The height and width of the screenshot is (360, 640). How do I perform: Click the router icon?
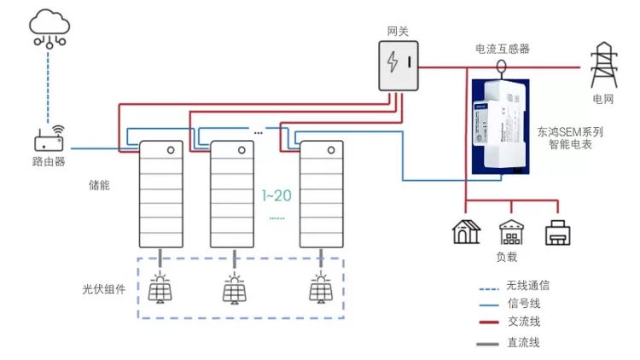tap(49, 139)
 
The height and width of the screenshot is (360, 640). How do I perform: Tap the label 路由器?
tap(49, 161)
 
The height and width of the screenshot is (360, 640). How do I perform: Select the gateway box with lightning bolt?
tap(399, 64)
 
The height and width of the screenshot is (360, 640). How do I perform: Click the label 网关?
tap(399, 31)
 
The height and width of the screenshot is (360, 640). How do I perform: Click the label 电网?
tap(603, 100)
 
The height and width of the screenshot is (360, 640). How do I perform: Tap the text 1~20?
tap(276, 195)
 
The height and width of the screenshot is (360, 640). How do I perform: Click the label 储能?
tap(100, 184)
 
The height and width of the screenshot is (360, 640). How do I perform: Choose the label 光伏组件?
tap(98, 289)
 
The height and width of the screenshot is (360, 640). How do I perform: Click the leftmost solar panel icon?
tap(159, 288)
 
